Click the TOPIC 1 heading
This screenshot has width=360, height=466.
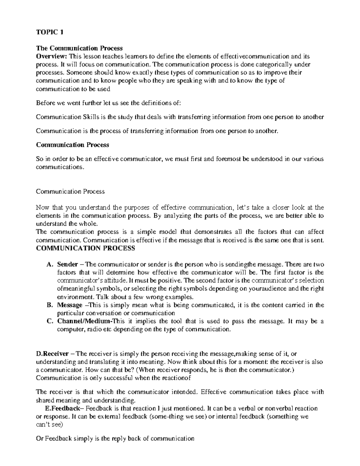50,32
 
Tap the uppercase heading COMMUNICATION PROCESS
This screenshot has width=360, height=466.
85,248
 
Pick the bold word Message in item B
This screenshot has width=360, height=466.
70,305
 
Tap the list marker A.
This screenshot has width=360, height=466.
49,264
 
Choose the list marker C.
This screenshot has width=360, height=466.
50,321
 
